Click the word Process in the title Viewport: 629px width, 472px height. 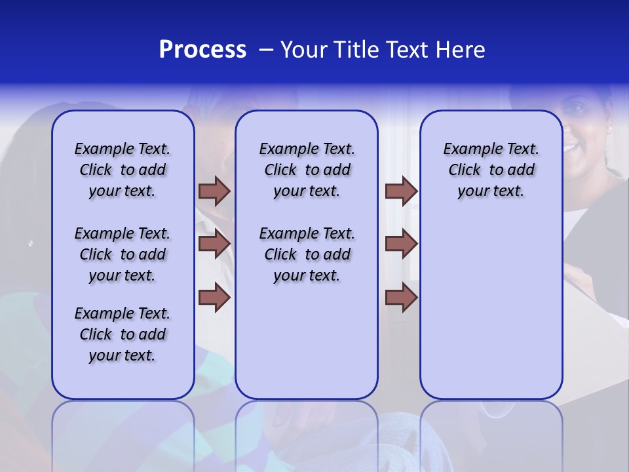click(x=202, y=50)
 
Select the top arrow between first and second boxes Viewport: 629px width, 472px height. click(x=214, y=191)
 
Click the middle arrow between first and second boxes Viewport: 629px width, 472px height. click(x=214, y=244)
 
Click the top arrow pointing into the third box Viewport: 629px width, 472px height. click(x=401, y=191)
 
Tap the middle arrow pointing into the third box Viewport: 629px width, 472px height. click(x=401, y=244)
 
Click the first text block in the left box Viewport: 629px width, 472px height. click(x=123, y=170)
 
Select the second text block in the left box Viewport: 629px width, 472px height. click(x=123, y=254)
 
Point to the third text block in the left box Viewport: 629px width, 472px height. click(x=123, y=334)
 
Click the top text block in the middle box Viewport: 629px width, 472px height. click(x=307, y=170)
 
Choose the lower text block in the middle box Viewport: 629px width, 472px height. click(x=307, y=254)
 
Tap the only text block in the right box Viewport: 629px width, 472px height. click(x=491, y=170)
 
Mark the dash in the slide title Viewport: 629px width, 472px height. click(x=266, y=50)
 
